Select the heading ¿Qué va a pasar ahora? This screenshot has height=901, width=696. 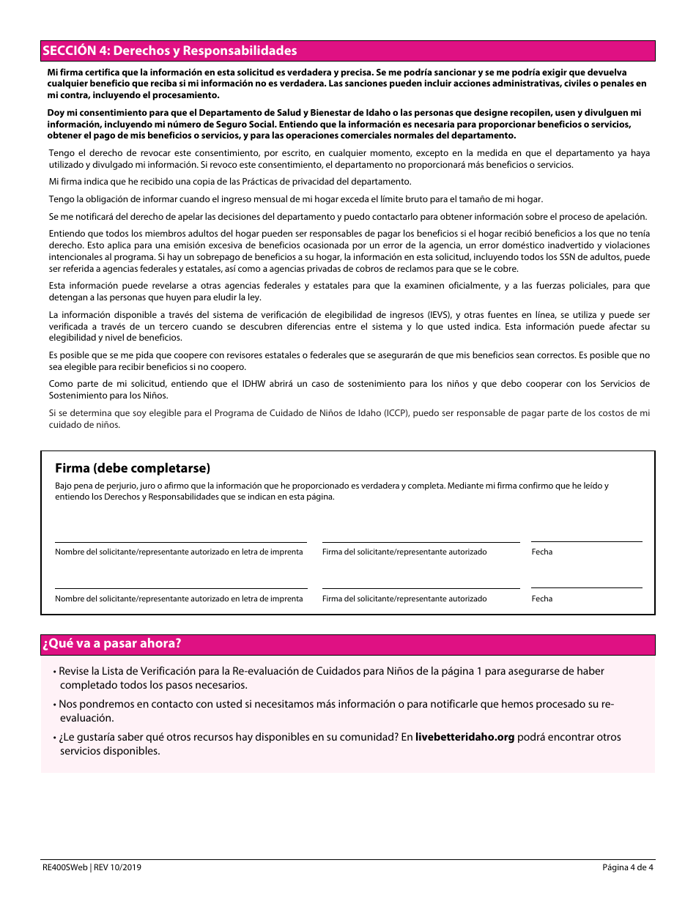click(x=111, y=644)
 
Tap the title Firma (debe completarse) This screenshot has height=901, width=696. click(x=132, y=468)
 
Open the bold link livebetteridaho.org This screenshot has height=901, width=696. click(x=464, y=737)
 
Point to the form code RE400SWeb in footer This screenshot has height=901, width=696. click(x=64, y=868)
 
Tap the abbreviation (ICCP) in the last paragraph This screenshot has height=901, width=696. click(x=392, y=413)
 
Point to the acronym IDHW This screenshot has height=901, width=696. click(x=259, y=384)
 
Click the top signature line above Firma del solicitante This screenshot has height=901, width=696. click(x=421, y=541)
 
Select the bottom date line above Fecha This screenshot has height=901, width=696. click(x=586, y=587)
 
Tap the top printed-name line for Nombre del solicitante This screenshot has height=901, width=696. click(x=180, y=541)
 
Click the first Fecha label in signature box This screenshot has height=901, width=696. click(x=542, y=552)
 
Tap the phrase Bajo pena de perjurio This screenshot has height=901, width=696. click(x=92, y=486)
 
